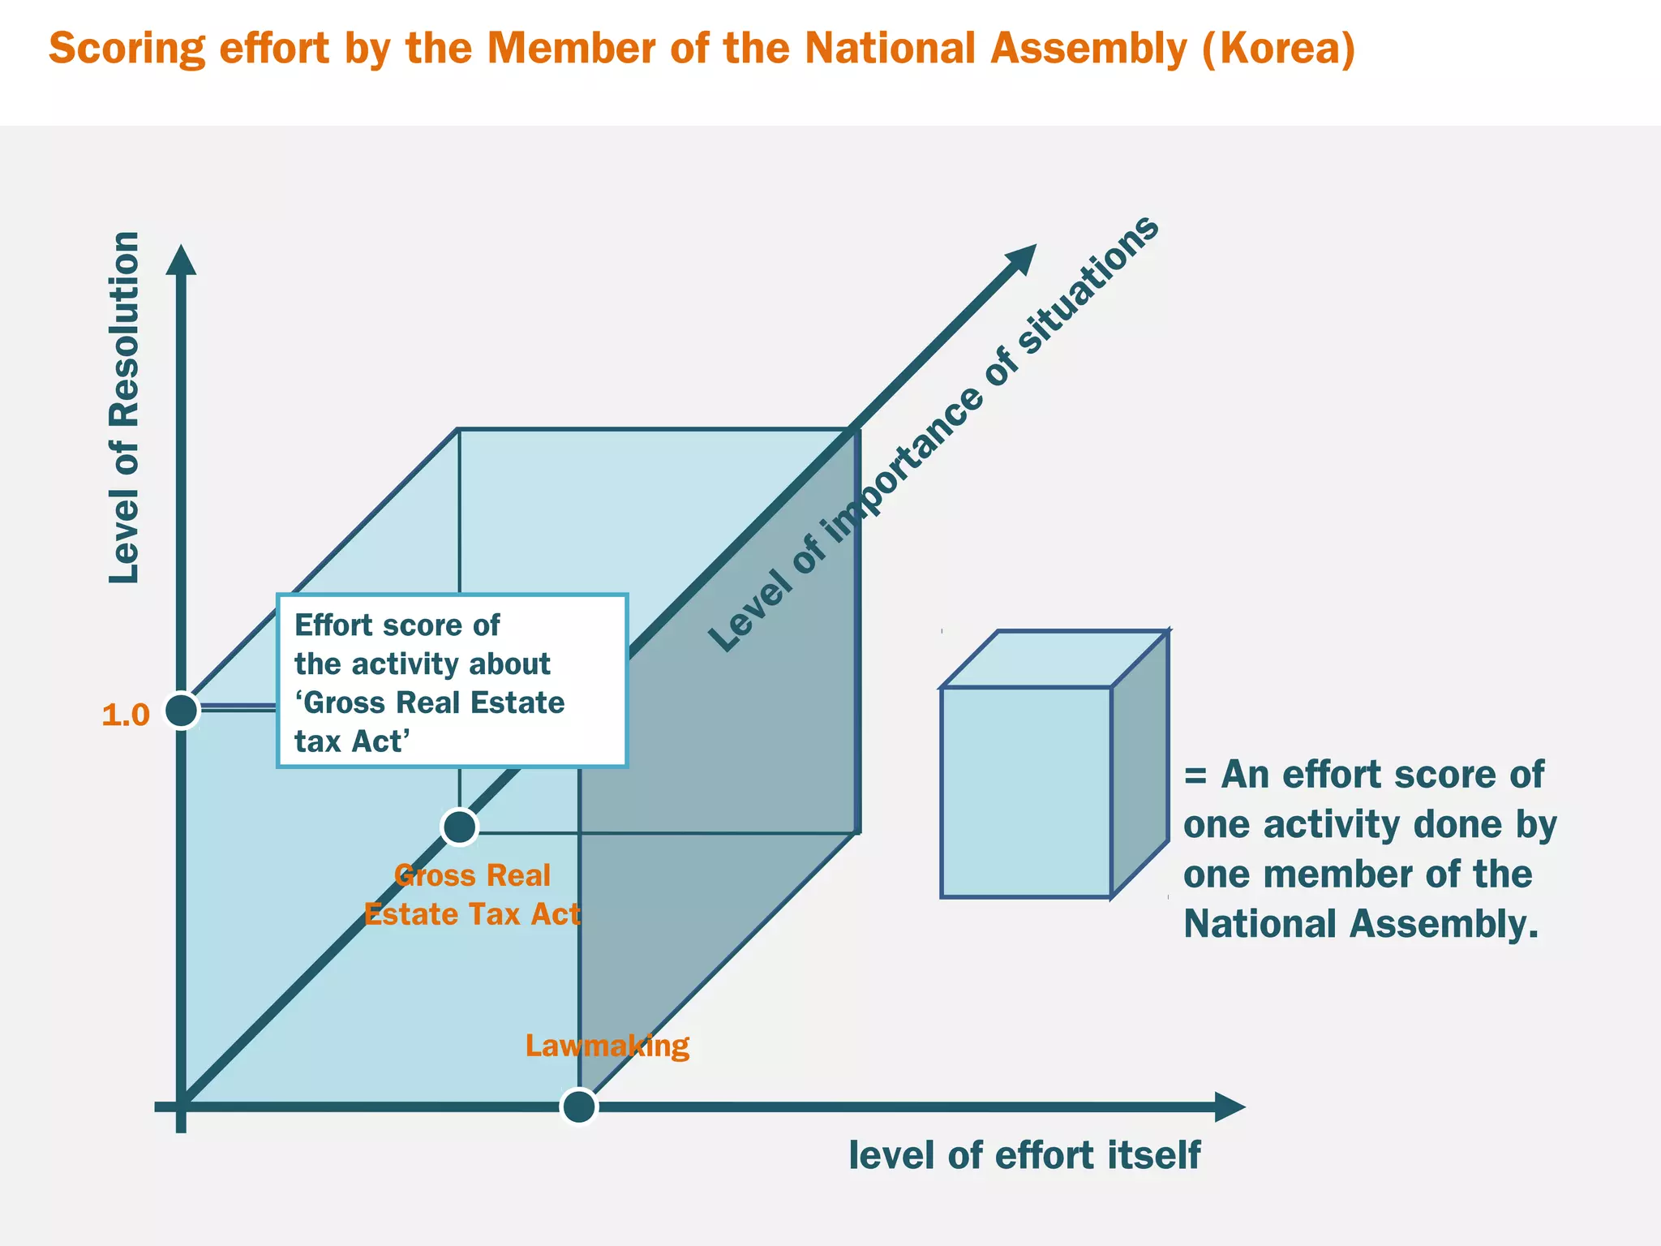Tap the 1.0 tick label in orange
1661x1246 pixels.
coord(126,715)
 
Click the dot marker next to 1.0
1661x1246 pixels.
coord(182,711)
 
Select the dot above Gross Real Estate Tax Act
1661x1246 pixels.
coord(460,827)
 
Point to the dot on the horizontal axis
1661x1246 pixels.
coord(579,1106)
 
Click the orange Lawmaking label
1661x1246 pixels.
coord(607,1045)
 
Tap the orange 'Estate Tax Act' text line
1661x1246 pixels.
coord(472,914)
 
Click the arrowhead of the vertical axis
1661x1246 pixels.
coord(181,260)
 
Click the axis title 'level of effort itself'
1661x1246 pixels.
coord(1024,1155)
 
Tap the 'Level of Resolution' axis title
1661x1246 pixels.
coord(124,407)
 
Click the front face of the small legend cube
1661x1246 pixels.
coord(1025,792)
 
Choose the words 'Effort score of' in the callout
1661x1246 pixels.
coord(397,625)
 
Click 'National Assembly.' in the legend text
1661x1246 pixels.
coord(1360,924)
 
